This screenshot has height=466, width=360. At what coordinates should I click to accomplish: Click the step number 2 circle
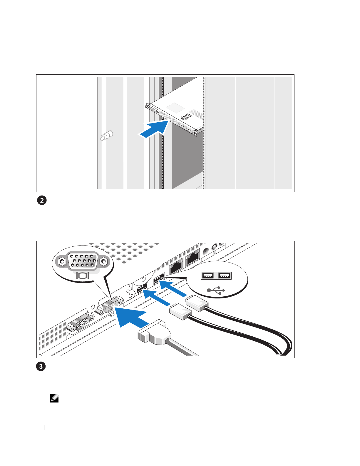(42, 200)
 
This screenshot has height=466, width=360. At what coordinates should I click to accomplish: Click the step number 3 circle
(41, 366)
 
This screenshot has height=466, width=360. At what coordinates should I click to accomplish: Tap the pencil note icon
(54, 398)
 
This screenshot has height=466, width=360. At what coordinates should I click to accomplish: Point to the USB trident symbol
(216, 290)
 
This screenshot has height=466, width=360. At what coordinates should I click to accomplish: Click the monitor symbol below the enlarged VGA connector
(83, 275)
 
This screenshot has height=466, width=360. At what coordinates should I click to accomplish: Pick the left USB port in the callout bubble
(207, 275)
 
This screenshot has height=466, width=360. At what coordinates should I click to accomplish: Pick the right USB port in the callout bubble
(225, 275)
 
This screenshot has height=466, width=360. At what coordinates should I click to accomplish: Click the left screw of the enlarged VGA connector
(62, 261)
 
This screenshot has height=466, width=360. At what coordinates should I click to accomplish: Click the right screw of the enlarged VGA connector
(104, 261)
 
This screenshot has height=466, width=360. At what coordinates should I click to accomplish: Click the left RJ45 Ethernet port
(176, 266)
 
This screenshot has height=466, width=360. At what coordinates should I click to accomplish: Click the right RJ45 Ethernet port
(193, 257)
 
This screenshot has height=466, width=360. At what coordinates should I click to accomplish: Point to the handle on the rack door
(106, 136)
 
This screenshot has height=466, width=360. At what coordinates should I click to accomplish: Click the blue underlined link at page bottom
(58, 463)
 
